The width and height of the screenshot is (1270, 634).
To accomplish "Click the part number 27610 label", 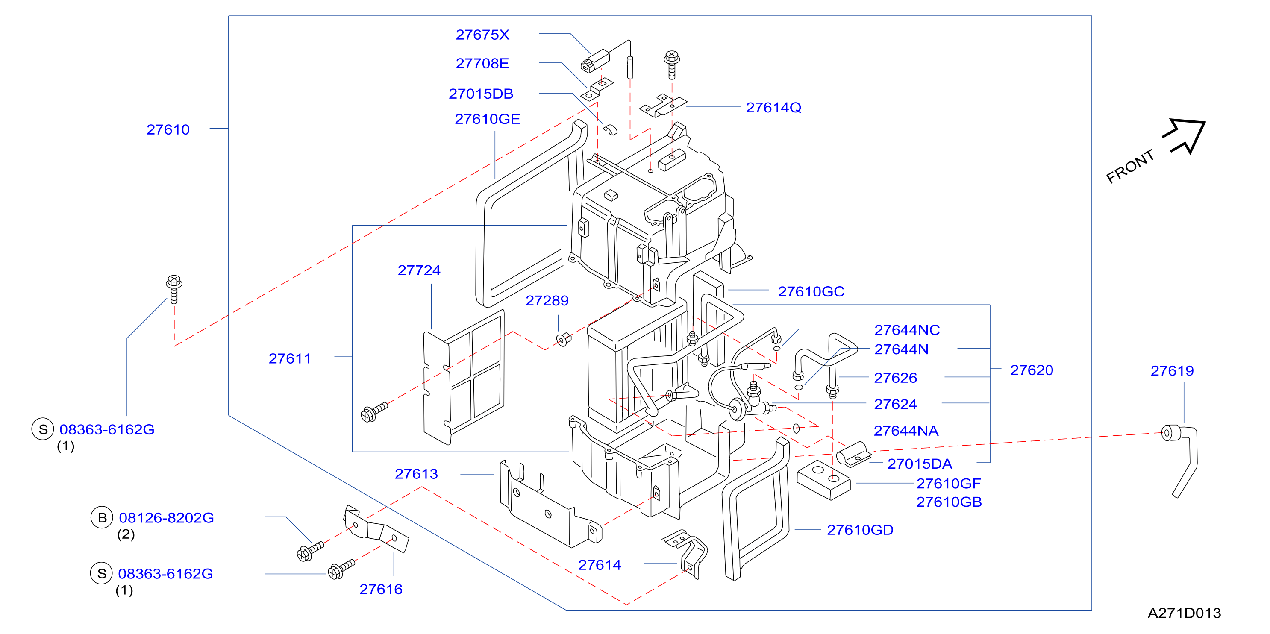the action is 168,129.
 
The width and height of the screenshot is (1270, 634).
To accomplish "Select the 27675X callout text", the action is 482,35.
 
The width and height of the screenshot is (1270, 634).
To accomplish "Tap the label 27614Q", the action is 773,108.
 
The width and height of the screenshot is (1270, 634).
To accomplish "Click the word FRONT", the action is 1130,166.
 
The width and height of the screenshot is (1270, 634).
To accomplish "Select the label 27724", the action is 419,270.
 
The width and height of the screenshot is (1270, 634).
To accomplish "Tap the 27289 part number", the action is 547,300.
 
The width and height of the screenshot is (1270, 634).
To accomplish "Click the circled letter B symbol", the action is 102,518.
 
